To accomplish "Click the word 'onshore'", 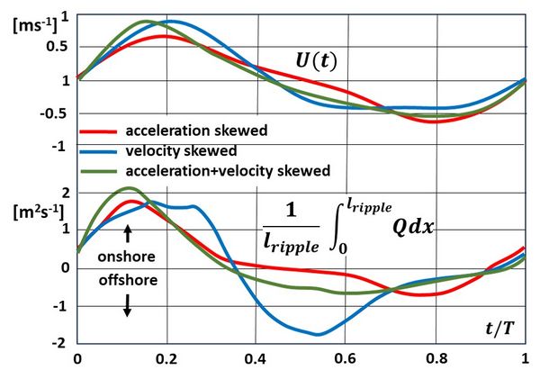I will click(x=128, y=256).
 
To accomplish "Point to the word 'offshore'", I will click(x=128, y=279).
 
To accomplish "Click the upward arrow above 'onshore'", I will click(x=128, y=233).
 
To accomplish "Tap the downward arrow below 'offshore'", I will click(x=128, y=305).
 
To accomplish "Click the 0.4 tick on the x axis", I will click(x=256, y=357).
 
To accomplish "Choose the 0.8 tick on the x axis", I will click(x=435, y=357).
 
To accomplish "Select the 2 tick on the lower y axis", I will click(x=66, y=193).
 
